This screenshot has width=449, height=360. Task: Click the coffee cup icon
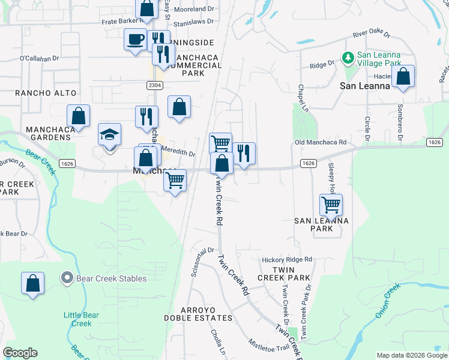click(x=135, y=40)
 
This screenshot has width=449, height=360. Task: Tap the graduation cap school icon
click(x=110, y=135)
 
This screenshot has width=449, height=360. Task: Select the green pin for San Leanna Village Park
click(x=348, y=58)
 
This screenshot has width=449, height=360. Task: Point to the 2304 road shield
click(x=154, y=85)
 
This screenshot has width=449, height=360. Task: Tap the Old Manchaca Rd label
click(x=321, y=142)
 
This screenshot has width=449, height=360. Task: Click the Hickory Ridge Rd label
click(x=287, y=260)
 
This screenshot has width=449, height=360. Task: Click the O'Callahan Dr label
click(x=39, y=59)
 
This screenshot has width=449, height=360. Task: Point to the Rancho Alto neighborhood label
click(x=46, y=93)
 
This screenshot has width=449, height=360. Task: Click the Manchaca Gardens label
click(x=49, y=133)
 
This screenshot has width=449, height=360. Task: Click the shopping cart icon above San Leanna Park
click(x=331, y=205)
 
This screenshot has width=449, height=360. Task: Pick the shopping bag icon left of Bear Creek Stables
click(x=33, y=284)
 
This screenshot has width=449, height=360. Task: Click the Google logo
click(x=20, y=353)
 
